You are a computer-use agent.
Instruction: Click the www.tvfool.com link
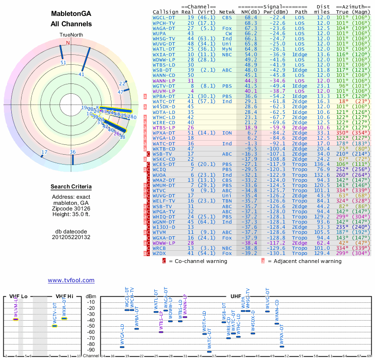[x=71, y=280]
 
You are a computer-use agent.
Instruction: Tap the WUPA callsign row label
[x=160, y=33]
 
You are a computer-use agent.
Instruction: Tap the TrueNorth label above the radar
[x=71, y=35]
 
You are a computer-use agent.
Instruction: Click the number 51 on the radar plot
[x=64, y=62]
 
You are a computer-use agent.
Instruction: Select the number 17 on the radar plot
[x=45, y=152]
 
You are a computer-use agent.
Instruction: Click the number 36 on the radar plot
[x=73, y=152]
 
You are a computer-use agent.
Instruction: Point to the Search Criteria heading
[x=71, y=187]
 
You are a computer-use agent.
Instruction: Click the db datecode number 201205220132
[x=71, y=237]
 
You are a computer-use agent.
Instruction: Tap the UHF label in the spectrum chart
[x=235, y=296]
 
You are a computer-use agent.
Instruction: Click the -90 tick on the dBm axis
[x=91, y=350]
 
